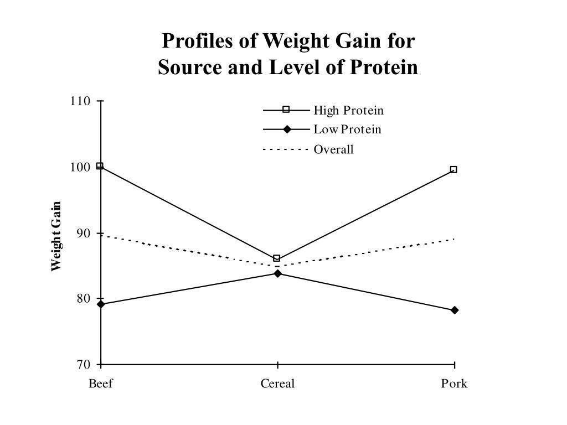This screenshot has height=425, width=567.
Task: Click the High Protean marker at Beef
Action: click(100, 166)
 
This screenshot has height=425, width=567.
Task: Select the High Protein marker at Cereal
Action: click(277, 258)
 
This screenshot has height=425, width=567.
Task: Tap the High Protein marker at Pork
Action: click(453, 170)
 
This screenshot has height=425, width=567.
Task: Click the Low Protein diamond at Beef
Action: click(100, 304)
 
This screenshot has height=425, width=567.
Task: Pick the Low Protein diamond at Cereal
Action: click(277, 273)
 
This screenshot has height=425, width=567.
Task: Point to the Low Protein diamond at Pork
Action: click(455, 310)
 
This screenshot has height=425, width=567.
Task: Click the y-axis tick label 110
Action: click(80, 101)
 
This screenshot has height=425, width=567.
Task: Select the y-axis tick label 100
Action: click(80, 167)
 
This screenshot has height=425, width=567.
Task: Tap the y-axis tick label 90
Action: click(83, 233)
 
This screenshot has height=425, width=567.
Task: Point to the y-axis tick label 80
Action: click(83, 299)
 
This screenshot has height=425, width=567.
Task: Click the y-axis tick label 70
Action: click(83, 365)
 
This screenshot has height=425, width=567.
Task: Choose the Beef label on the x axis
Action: click(101, 383)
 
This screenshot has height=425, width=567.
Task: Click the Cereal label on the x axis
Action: click(277, 383)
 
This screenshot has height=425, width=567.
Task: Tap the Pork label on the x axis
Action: click(454, 383)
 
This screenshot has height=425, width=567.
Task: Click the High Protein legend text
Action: click(348, 110)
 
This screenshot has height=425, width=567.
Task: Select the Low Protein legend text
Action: click(347, 129)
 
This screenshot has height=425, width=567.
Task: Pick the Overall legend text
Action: click(333, 149)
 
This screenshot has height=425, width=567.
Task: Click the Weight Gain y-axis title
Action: click(56, 237)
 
